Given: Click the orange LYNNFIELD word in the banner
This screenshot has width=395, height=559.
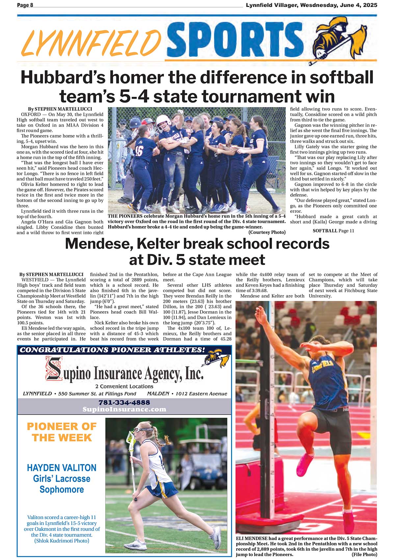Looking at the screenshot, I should pos(90,42).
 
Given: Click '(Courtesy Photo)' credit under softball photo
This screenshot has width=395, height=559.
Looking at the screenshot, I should pos(267,232).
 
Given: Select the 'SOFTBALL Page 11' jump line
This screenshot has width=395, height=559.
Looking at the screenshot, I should pos(333,231).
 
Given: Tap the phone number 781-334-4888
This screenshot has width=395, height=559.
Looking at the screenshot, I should pos(124,402).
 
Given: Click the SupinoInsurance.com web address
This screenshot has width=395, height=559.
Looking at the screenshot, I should pos(124,409).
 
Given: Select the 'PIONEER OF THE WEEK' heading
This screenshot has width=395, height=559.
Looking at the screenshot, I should pos(62,432).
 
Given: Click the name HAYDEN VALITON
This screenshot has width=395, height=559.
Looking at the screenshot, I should pos(62,468).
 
